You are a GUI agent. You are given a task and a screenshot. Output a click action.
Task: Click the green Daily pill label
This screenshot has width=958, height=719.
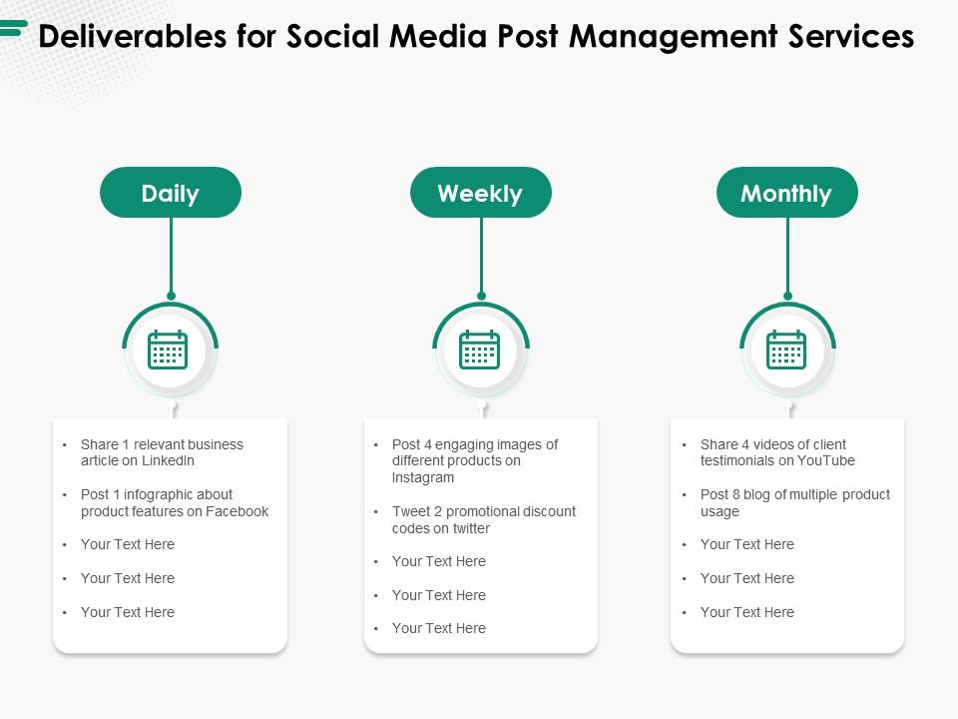171,193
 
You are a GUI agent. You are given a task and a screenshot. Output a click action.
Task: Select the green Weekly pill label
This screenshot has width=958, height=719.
480,193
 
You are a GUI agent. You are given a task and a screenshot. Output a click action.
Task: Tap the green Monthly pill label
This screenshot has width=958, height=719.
786,193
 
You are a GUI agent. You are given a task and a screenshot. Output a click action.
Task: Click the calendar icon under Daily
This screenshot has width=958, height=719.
168,350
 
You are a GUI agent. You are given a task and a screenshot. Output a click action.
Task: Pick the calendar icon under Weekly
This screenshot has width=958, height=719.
479,350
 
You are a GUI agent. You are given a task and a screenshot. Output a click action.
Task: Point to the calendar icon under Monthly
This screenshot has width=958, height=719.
786,350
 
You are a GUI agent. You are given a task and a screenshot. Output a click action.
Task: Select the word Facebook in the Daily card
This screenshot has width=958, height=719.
237,511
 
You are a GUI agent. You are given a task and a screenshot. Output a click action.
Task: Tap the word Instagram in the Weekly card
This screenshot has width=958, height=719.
423,478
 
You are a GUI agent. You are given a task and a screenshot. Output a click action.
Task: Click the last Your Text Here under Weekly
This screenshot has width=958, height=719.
438,628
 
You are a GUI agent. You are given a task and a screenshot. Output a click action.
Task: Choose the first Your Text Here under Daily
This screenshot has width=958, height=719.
128,544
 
